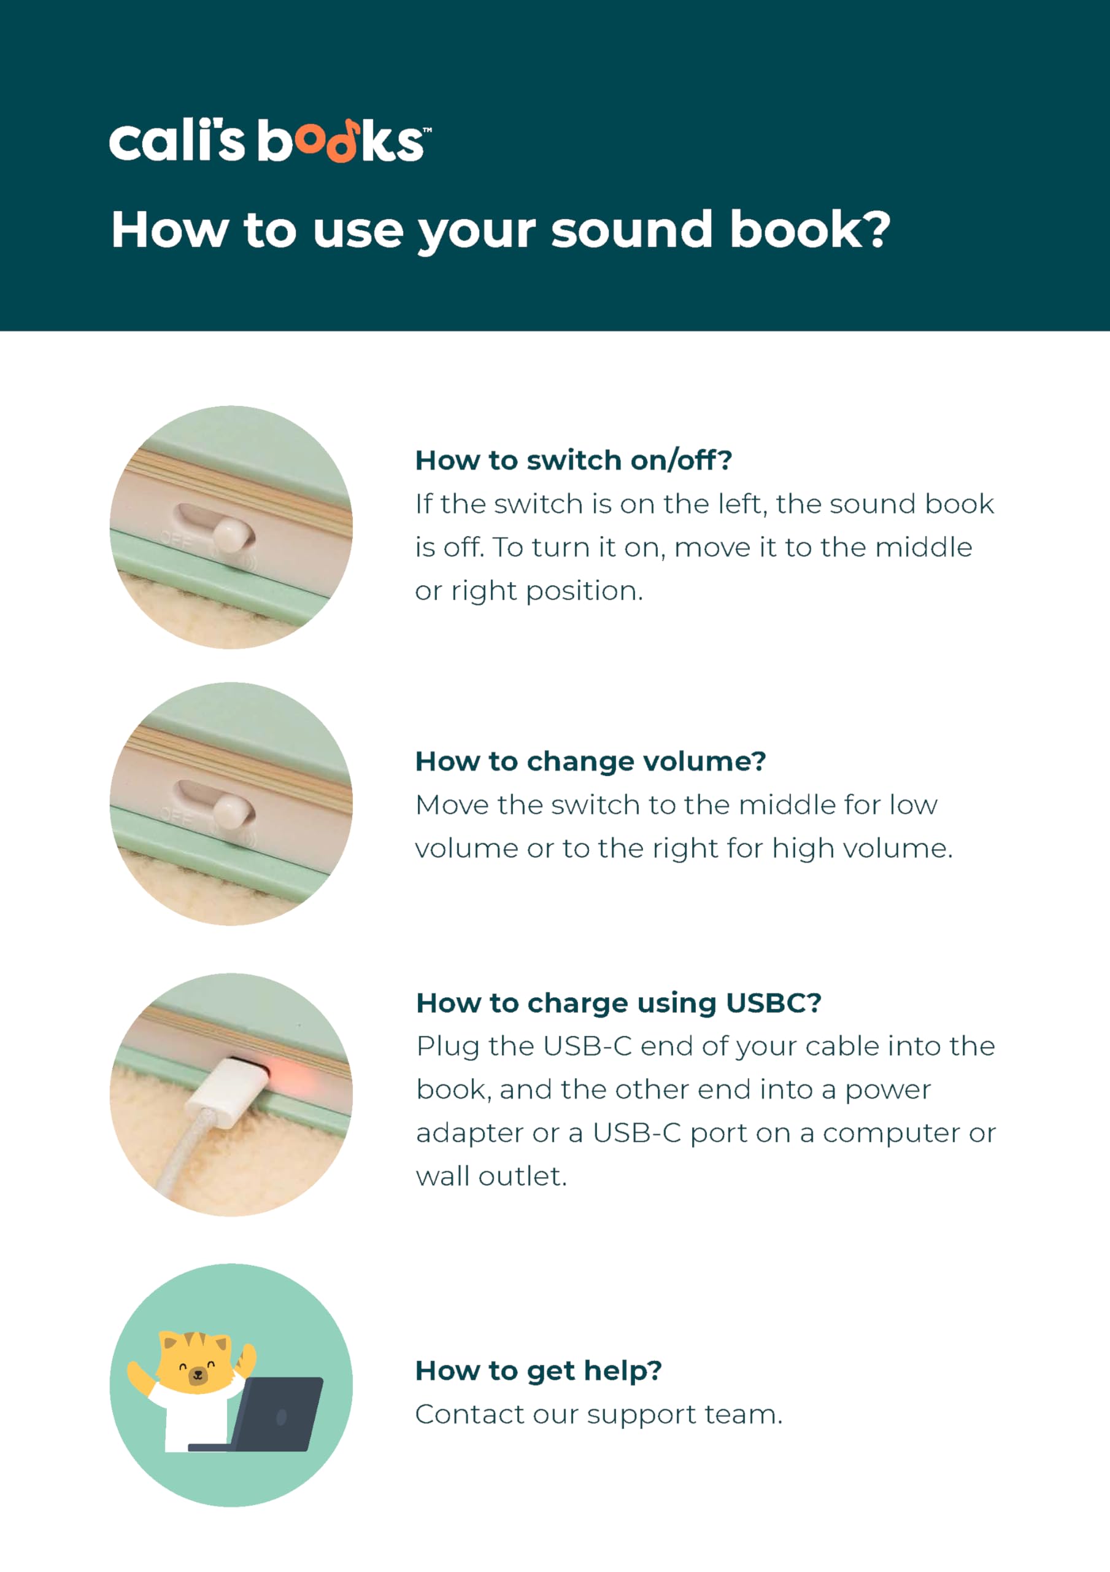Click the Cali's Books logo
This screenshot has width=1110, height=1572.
coord(271,141)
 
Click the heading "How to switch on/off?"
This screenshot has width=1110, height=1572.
coord(574,460)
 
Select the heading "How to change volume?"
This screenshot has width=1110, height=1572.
coord(590,761)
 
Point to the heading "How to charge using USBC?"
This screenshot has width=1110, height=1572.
coord(619,1003)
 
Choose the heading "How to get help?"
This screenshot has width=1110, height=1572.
coord(539,1371)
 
